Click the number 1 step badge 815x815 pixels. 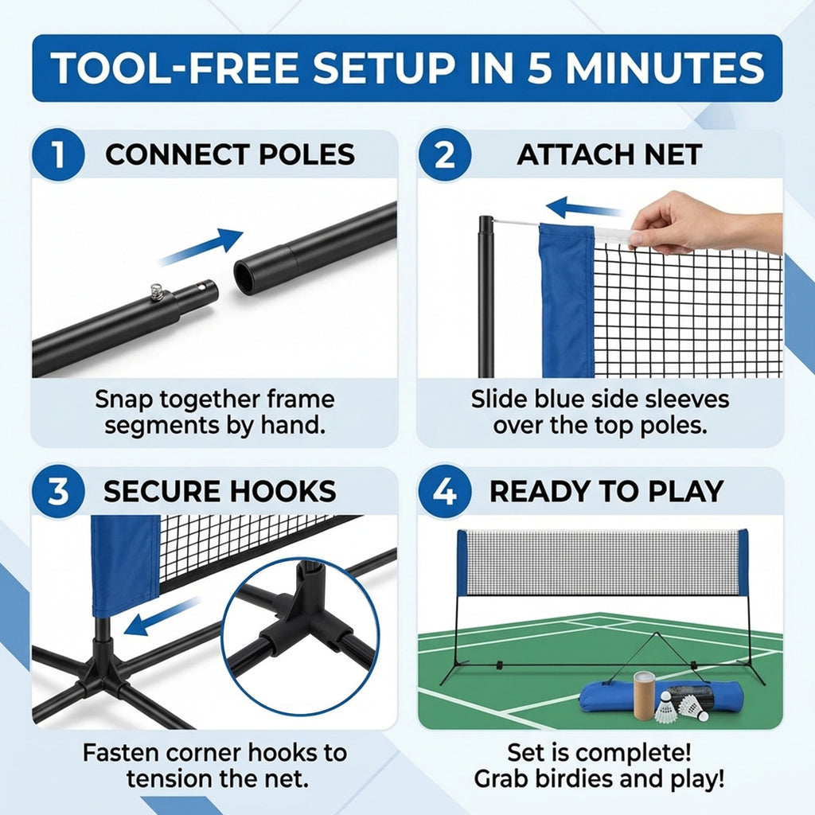[57, 154]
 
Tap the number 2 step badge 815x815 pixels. [444, 154]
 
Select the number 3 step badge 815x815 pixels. [57, 490]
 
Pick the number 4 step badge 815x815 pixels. [444, 490]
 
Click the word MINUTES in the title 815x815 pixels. [665, 68]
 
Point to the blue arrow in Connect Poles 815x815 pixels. [201, 247]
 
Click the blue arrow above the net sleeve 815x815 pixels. [584, 209]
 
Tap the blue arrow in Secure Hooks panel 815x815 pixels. [162, 617]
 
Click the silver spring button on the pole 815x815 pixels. [157, 291]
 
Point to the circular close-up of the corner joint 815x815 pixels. [300, 636]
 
